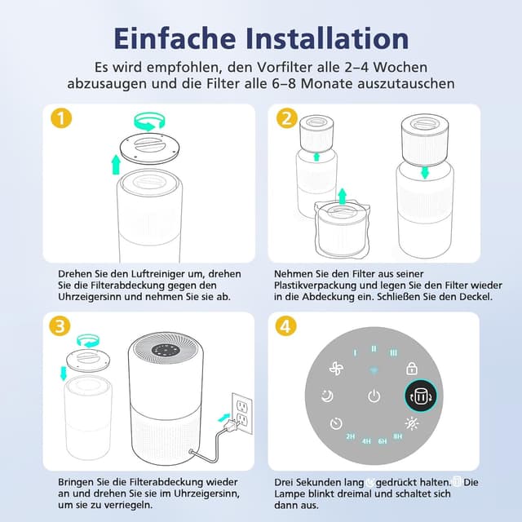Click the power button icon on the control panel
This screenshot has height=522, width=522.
(373, 396)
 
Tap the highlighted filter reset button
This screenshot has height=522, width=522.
(421, 396)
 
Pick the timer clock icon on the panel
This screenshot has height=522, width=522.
(335, 424)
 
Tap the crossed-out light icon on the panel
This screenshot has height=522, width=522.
(412, 424)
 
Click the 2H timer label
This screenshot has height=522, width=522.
(350, 437)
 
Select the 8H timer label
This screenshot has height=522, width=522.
(397, 437)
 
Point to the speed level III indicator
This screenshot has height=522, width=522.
(393, 352)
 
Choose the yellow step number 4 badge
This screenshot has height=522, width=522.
(285, 326)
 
